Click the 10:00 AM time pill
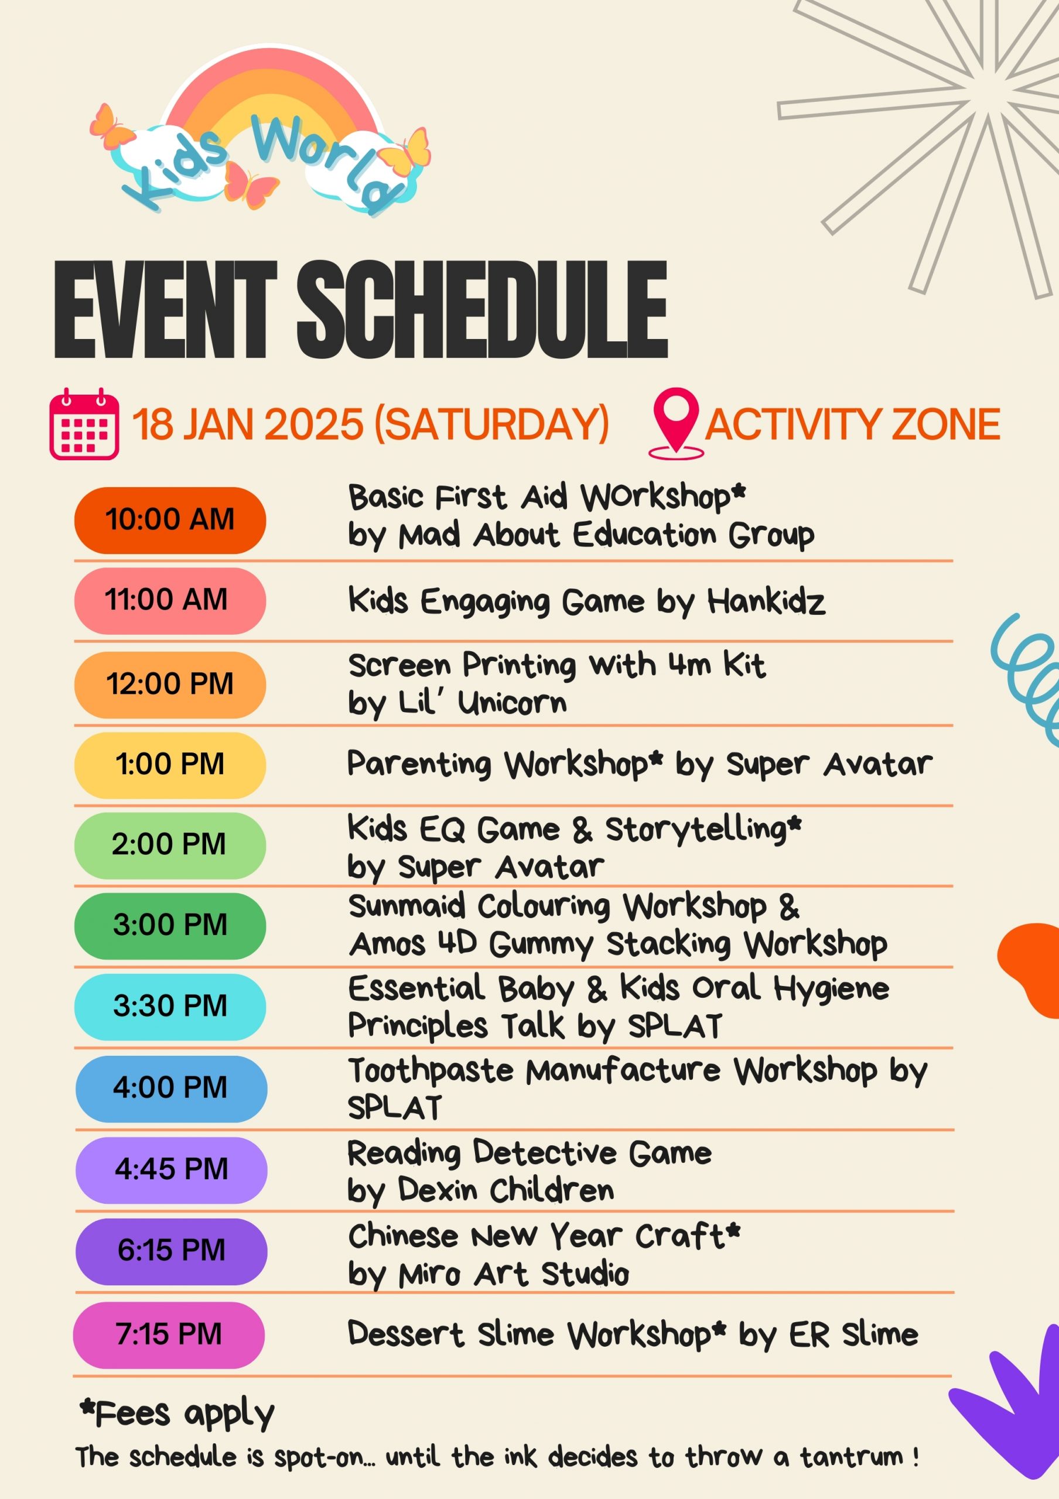click(170, 521)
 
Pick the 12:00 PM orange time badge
click(170, 685)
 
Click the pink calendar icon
click(84, 424)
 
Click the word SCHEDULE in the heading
click(483, 310)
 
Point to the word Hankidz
click(766, 601)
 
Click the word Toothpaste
click(431, 1072)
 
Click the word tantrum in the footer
click(850, 1457)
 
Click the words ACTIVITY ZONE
click(853, 425)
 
